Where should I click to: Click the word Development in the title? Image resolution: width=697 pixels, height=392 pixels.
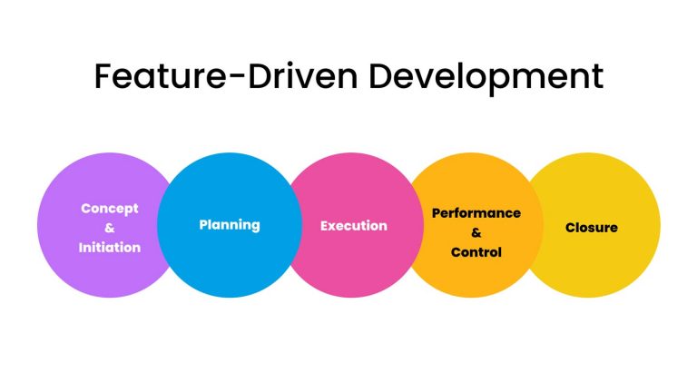coord(484,77)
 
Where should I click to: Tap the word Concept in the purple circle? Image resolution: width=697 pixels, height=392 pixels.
coord(110,208)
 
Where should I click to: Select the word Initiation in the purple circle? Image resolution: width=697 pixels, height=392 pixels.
coord(110,247)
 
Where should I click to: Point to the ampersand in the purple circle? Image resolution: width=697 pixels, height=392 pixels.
coord(110,228)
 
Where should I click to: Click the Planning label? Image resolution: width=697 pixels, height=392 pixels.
coord(230,224)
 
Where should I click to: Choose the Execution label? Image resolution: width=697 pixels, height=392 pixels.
coord(354,225)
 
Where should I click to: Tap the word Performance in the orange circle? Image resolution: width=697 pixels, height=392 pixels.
coord(476,213)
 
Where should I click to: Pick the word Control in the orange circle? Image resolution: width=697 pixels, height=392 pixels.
coord(476,252)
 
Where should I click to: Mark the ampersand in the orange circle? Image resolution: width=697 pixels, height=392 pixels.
coord(476,232)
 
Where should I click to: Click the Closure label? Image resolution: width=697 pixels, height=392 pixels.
coord(592,227)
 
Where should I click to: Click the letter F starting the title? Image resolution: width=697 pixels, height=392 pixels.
coord(104,76)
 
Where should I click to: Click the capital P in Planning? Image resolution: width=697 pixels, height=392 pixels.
coord(203,224)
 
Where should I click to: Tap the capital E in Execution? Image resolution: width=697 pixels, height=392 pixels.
coord(324,225)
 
